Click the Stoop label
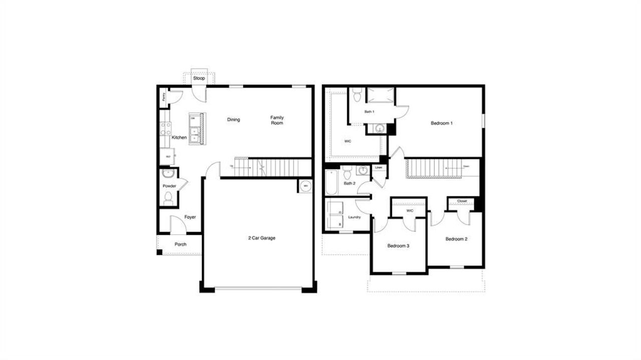click(199, 79)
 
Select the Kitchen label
click(179, 137)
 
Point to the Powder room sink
click(168, 174)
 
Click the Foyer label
click(190, 217)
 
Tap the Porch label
click(180, 244)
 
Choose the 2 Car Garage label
click(261, 238)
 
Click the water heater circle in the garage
click(304, 186)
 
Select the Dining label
click(233, 120)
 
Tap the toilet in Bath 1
click(357, 94)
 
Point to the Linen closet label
click(379, 168)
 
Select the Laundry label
click(355, 217)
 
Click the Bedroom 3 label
click(399, 246)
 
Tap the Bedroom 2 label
click(456, 239)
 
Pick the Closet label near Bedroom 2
click(462, 201)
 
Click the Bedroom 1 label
click(442, 123)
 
